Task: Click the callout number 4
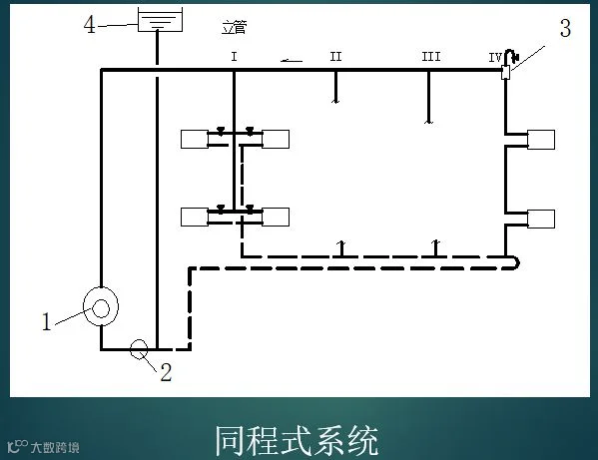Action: pos(90,25)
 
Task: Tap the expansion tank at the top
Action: pos(160,20)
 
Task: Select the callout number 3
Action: pos(565,28)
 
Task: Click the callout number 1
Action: pos(47,321)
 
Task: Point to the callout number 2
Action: pos(166,372)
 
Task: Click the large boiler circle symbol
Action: pos(101,306)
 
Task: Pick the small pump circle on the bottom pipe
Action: pos(139,349)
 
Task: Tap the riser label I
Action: pos(235,57)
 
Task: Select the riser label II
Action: pos(335,57)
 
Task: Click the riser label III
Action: pos(431,57)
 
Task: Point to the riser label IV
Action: pos(495,58)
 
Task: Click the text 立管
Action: pos(235,27)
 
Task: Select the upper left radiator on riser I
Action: pos(195,139)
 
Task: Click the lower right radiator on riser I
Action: pos(276,217)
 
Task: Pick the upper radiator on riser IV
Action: pos(541,140)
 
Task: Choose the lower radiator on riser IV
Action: pos(541,220)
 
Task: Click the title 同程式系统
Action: pos(297,441)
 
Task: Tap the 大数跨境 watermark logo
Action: pos(43,447)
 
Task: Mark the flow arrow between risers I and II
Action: pos(292,60)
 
